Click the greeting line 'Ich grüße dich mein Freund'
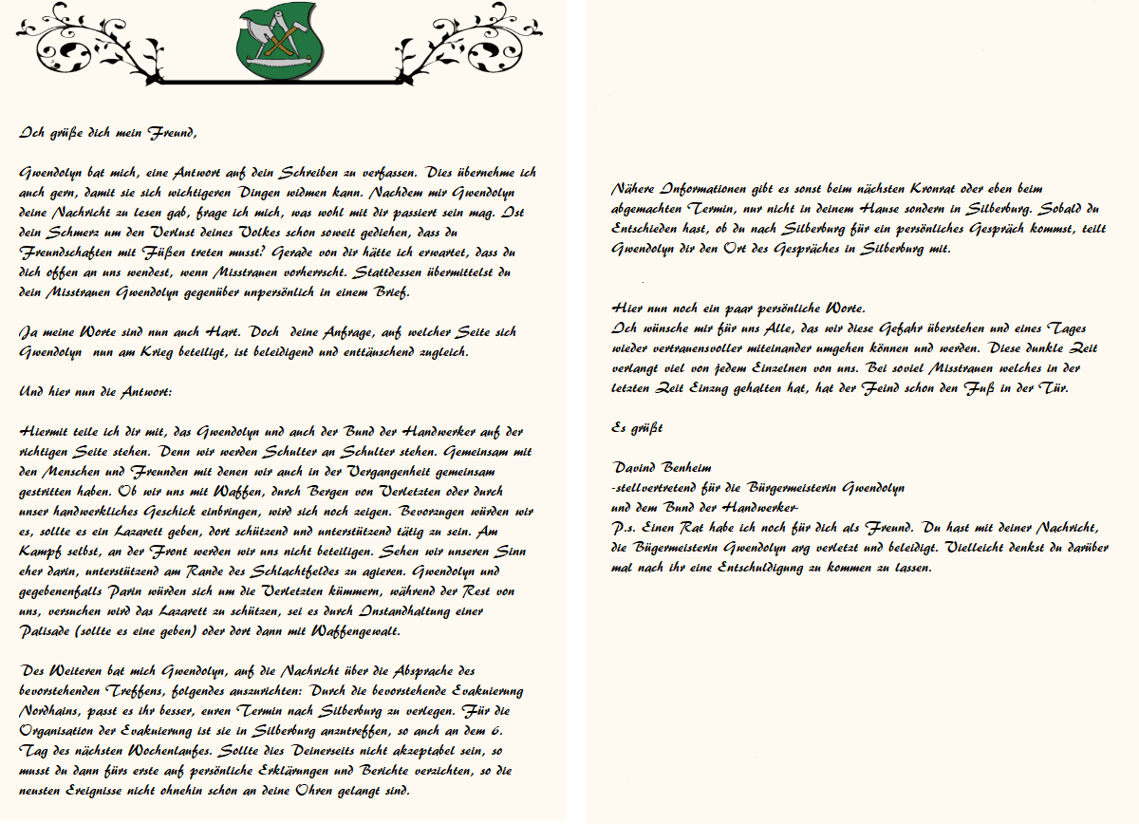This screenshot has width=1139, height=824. [108, 133]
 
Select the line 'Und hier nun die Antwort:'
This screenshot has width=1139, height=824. [95, 391]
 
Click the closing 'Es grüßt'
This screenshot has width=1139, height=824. [637, 427]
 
